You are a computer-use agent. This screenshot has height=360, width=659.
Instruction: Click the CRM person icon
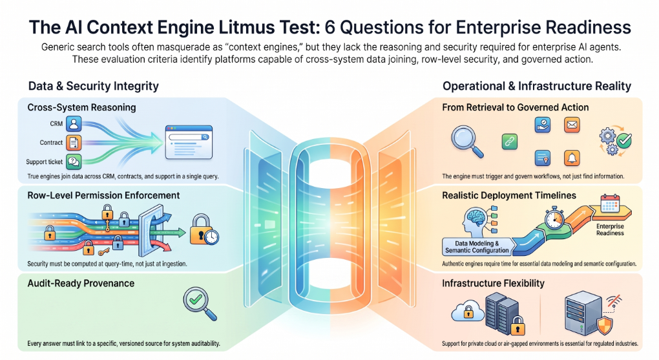pos(74,123)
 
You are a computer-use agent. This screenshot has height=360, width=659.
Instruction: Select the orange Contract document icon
pos(74,143)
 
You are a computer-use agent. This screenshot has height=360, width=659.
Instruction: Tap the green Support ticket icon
pos(74,162)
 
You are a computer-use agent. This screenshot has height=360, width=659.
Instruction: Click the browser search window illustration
pos(189,142)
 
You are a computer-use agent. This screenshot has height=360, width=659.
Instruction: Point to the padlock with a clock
pos(204,230)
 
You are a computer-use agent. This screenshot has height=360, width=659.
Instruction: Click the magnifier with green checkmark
pos(200,304)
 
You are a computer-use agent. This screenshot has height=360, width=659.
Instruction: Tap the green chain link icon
pos(509,142)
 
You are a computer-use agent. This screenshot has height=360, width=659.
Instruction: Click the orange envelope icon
pos(572,125)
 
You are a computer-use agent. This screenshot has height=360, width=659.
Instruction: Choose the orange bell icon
pos(572,158)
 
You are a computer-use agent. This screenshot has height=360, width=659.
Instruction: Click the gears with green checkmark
pos(615,140)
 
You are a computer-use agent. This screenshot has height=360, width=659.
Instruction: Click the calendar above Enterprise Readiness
pos(610,203)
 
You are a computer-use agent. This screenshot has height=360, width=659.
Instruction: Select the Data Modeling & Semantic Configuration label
pos(477,247)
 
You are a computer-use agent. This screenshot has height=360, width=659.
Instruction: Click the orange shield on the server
pos(604,324)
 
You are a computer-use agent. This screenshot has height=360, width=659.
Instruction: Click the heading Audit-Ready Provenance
pos(81,284)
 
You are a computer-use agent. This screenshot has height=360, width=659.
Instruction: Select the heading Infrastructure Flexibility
pos(493,284)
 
